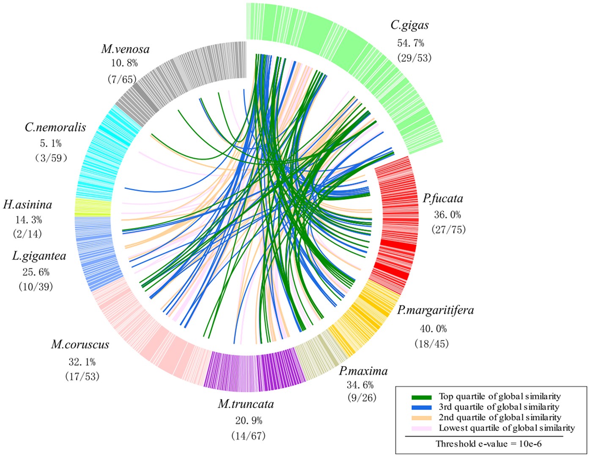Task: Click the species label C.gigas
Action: pos(409,25)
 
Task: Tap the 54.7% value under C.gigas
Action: pos(410,43)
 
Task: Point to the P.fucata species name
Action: pos(443,198)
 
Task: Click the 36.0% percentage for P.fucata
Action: pos(447,214)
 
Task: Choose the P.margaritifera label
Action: pos(435,310)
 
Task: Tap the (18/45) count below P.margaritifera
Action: pos(431,343)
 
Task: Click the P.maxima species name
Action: pos(363,371)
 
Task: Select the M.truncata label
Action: pos(246,404)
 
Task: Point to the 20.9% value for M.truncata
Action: pos(248,421)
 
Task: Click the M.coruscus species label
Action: pos(80,345)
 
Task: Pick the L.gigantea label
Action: pos(39,256)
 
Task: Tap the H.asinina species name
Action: pos(27,205)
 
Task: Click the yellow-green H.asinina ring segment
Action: pos(93,207)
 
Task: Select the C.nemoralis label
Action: pos(55,127)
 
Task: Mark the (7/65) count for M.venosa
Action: pos(123,79)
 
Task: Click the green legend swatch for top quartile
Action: pos(421,397)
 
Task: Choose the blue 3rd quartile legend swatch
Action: pos(421,407)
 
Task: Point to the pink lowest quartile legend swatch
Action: pos(421,428)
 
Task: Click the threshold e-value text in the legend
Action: pos(488,444)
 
